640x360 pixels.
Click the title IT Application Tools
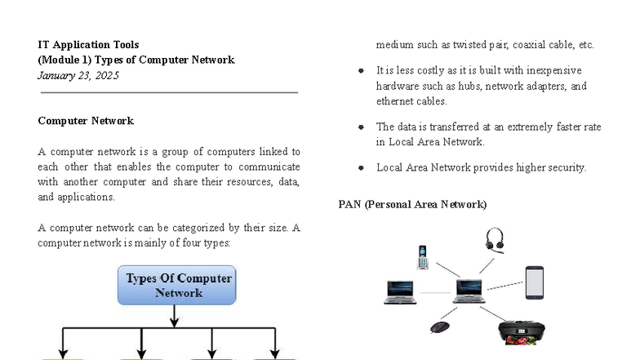coord(88,45)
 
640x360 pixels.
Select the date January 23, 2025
coord(78,75)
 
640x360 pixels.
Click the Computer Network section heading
coord(86,121)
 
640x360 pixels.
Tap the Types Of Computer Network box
coord(177,285)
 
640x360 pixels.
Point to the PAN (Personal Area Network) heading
coord(412,204)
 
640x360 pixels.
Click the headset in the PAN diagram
coord(495,240)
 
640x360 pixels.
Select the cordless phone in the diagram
coord(422,257)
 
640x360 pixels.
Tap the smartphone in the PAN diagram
coord(534,282)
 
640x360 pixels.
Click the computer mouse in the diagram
coord(440,327)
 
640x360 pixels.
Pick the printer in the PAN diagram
coord(521,331)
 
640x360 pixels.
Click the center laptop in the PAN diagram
coord(469,291)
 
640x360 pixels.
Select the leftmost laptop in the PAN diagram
coord(399,291)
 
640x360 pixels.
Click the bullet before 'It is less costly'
coord(361,71)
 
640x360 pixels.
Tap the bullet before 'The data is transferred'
coord(361,127)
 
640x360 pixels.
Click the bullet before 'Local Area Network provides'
coord(361,168)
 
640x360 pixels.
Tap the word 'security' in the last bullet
coord(565,167)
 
